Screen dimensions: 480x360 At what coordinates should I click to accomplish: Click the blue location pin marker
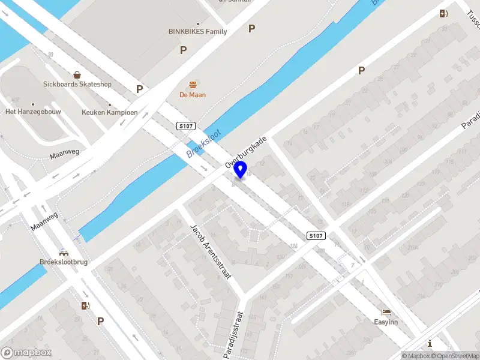pos(241,169)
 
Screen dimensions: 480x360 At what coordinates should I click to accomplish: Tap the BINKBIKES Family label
pos(197,31)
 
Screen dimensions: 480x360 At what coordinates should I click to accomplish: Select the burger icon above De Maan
pos(193,84)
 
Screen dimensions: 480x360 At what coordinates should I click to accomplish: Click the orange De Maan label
pos(193,95)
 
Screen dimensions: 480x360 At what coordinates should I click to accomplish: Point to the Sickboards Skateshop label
pos(77,85)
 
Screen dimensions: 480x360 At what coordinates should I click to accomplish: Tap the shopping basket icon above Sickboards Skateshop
pos(77,75)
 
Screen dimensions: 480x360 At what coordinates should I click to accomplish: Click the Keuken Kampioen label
pos(110,112)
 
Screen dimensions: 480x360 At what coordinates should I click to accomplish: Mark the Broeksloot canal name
pos(203,143)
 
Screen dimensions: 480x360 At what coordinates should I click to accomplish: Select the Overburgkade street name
pos(245,151)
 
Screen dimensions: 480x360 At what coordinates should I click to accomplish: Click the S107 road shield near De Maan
pos(186,125)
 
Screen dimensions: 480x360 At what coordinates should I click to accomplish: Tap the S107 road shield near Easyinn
pos(316,236)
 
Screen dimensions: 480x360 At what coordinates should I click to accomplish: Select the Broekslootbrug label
pos(64,262)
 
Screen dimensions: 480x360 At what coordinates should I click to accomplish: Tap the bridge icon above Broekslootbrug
pos(64,253)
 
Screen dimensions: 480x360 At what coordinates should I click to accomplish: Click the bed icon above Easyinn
pos(386,313)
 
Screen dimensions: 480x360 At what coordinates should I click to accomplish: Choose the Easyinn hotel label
pos(386,322)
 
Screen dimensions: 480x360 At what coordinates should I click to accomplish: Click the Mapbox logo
pos(26,352)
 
